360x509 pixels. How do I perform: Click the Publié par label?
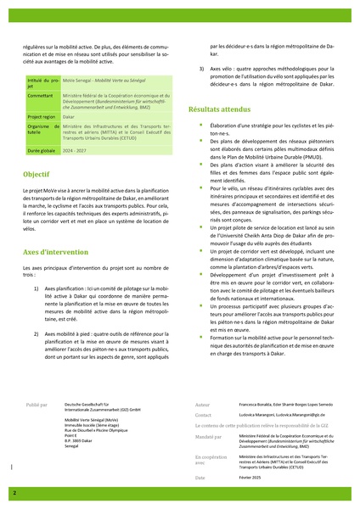click(39, 406)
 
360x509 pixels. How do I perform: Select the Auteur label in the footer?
click(202, 406)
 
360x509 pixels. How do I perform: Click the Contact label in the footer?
click(203, 416)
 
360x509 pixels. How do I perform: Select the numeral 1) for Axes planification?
click(37, 289)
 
